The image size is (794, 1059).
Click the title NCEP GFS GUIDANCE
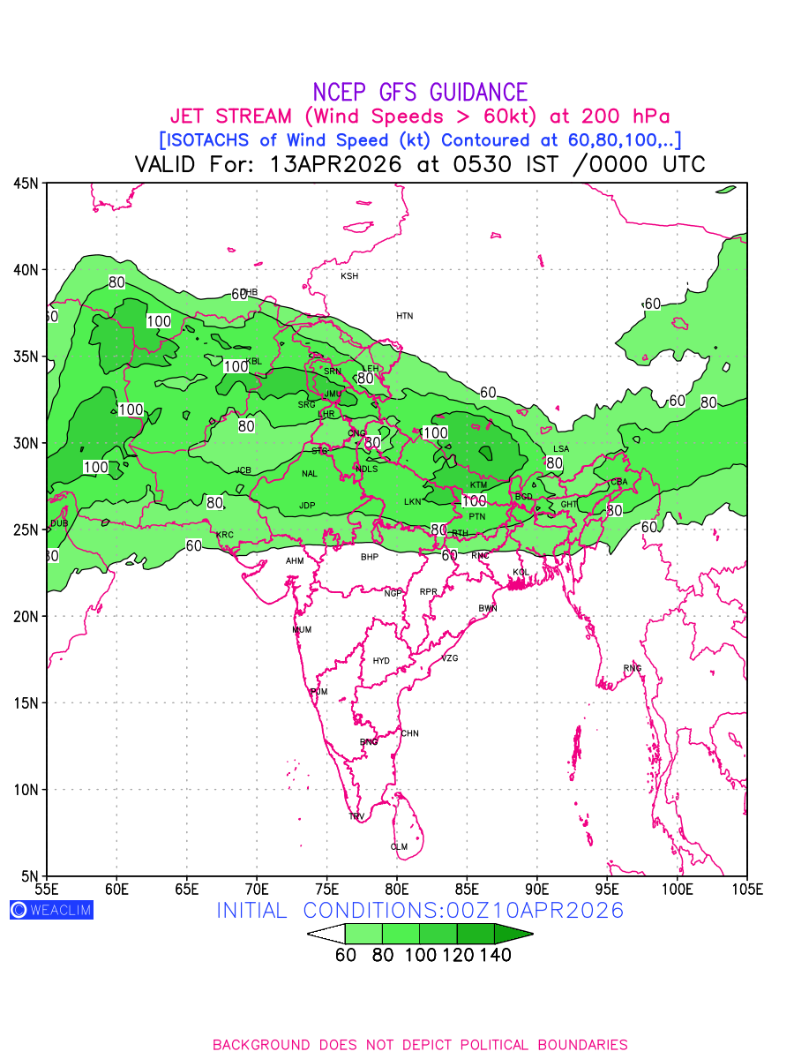pyautogui.click(x=420, y=92)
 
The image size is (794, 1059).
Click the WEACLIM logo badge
pyautogui.click(x=51, y=910)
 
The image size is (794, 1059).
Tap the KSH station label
pyautogui.click(x=349, y=276)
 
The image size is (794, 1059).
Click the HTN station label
pyautogui.click(x=404, y=316)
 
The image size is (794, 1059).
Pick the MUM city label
pyautogui.click(x=302, y=630)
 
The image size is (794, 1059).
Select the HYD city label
pyautogui.click(x=381, y=661)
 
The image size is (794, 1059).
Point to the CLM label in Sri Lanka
pyautogui.click(x=399, y=847)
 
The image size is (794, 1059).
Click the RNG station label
pyautogui.click(x=633, y=668)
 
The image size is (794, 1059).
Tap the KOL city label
pyautogui.click(x=521, y=573)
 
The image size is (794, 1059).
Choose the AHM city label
pyautogui.click(x=295, y=561)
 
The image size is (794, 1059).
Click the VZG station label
pyautogui.click(x=450, y=658)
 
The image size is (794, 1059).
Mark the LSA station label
pyautogui.click(x=561, y=449)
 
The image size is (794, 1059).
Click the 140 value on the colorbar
pyautogui.click(x=496, y=955)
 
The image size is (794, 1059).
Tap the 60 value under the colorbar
pyautogui.click(x=346, y=955)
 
